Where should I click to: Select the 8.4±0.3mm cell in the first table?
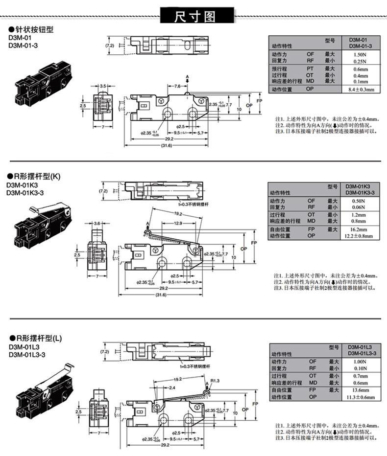361,90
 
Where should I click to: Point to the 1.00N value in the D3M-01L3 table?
361,362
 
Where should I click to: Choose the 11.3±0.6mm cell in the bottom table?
362,397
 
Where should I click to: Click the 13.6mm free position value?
361,390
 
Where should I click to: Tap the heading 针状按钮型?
34,29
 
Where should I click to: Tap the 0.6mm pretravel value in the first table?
361,69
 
